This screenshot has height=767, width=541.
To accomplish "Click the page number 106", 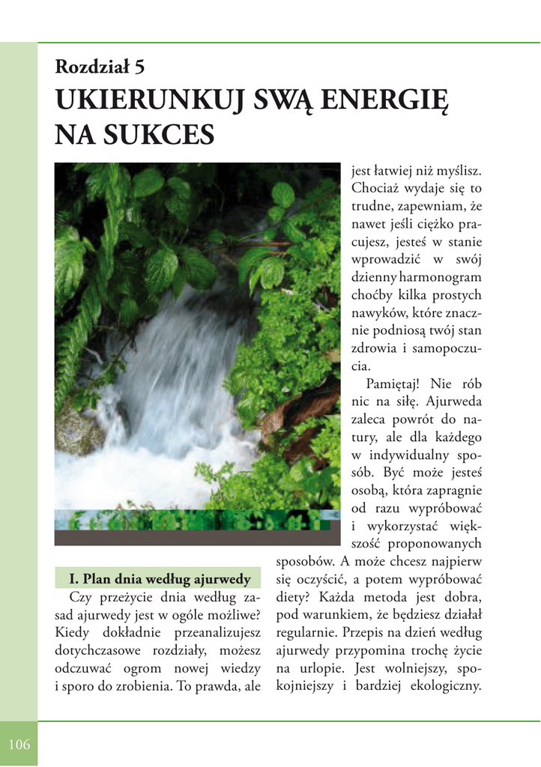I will pyautogui.click(x=19, y=745).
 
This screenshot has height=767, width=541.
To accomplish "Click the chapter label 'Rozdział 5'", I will pyautogui.click(x=100, y=67).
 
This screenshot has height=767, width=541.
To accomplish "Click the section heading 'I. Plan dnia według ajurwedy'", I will pyautogui.click(x=159, y=579).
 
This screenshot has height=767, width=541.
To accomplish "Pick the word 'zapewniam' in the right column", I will pyautogui.click(x=427, y=206).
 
